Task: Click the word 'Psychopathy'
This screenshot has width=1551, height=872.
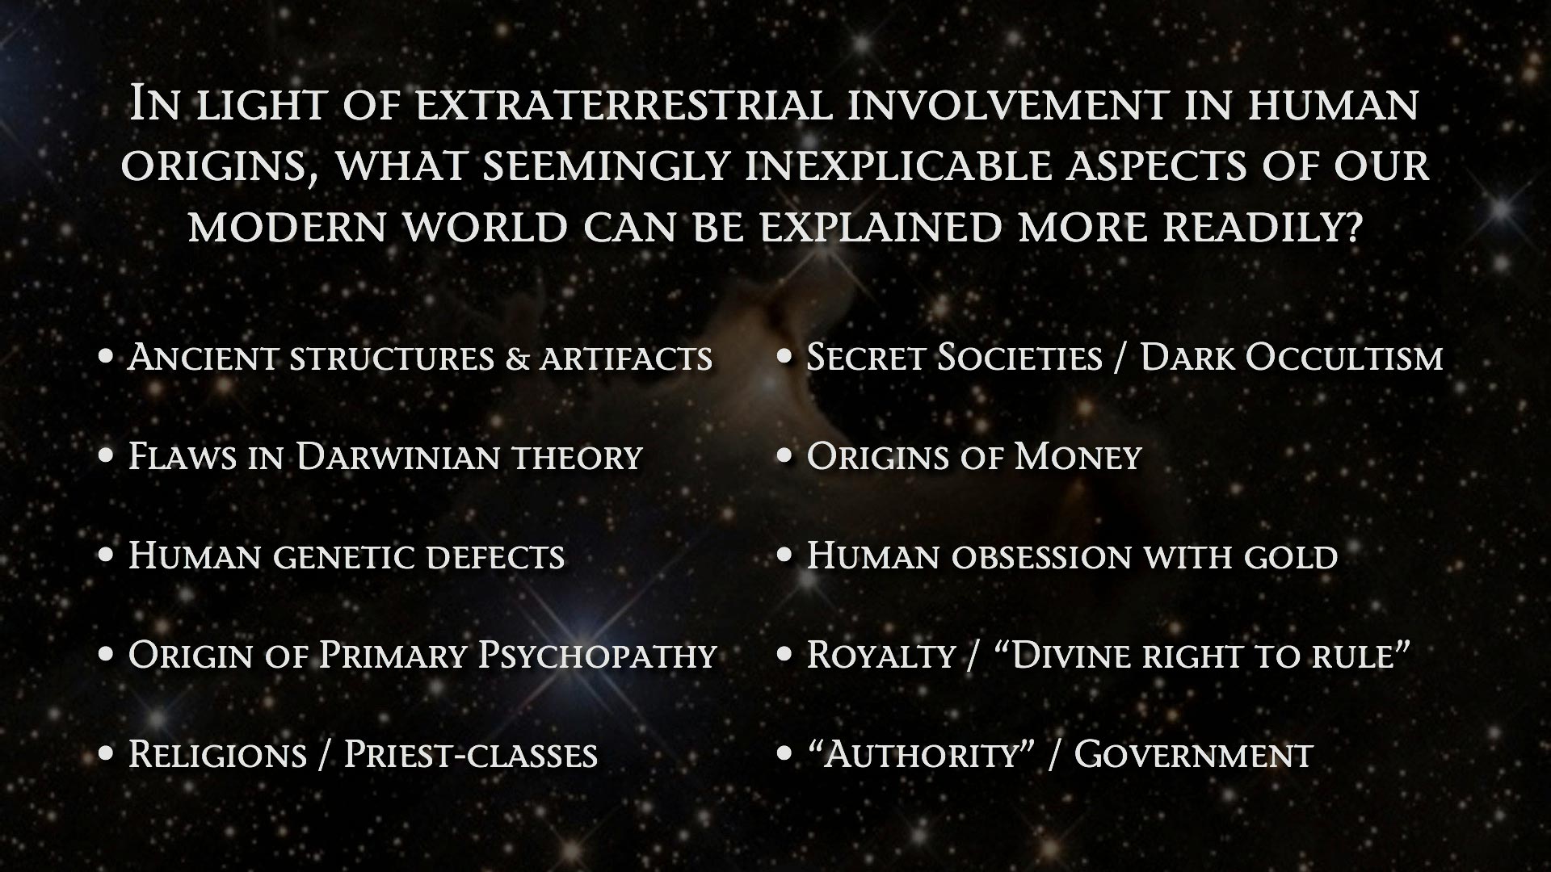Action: pyautogui.click(x=597, y=656)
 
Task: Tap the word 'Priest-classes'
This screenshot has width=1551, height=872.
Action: pyautogui.click(x=471, y=754)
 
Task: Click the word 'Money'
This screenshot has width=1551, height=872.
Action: pyautogui.click(x=1077, y=457)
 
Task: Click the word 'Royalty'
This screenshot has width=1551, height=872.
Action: pyautogui.click(x=881, y=656)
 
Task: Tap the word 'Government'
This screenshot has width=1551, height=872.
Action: pyautogui.click(x=1193, y=754)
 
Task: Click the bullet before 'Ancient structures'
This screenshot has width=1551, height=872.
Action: pyautogui.click(x=106, y=357)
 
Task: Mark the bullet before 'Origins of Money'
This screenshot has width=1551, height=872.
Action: pyautogui.click(x=784, y=456)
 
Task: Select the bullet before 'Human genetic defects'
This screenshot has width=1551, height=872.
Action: pyautogui.click(x=106, y=555)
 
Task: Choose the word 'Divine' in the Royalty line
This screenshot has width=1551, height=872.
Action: pyautogui.click(x=1066, y=655)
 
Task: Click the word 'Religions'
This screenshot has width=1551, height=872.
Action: pyautogui.click(x=217, y=754)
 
